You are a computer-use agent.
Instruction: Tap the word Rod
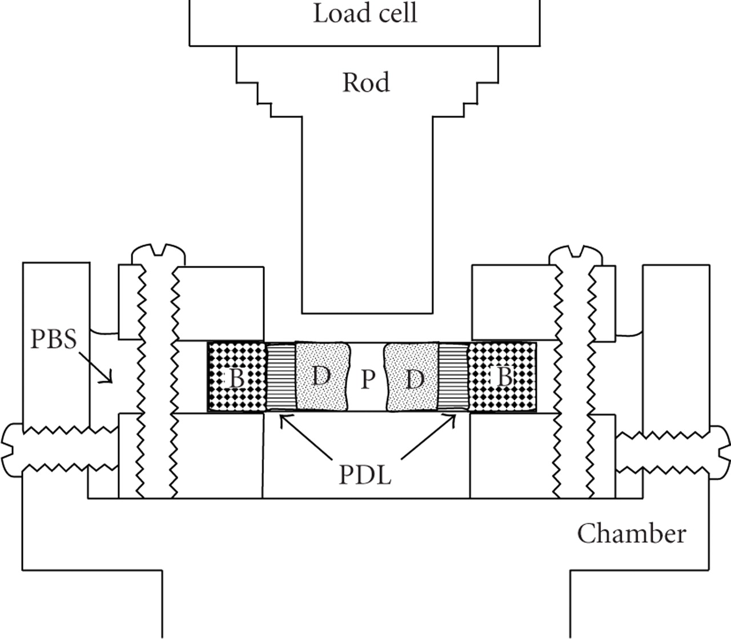[x=366, y=83]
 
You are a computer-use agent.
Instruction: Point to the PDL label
[x=365, y=475]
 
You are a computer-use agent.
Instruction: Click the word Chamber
[x=631, y=534]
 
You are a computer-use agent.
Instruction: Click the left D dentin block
[x=322, y=376]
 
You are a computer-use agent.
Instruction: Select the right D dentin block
[x=412, y=377]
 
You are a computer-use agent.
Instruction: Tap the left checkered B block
[x=236, y=377]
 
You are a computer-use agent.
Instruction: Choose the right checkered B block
[x=503, y=377]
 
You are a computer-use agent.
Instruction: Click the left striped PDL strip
[x=280, y=377]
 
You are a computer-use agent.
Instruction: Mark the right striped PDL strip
[x=453, y=377]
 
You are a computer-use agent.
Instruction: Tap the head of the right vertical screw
[x=575, y=254]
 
